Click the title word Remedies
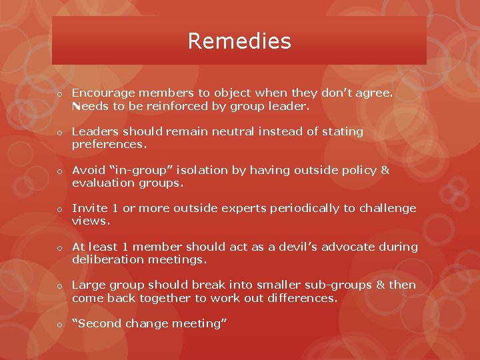(239, 41)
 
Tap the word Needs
(89, 106)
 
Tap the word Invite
(87, 208)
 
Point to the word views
(91, 221)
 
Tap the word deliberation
(107, 259)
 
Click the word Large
(87, 285)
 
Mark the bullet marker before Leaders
(59, 133)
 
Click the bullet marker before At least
(59, 248)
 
